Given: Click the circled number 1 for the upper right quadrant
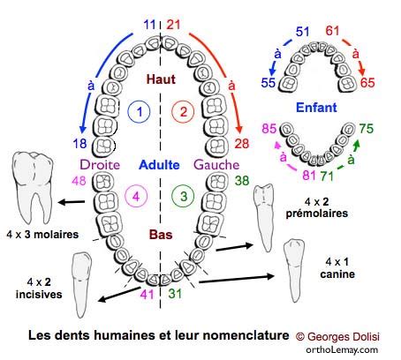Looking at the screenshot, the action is coord(139,112).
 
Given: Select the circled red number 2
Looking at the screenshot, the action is coord(183,112).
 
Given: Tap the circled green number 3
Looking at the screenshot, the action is coord(183,196).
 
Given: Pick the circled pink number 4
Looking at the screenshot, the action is coord(136,196).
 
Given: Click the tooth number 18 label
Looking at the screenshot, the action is coord(79,144).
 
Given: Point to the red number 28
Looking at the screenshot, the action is coord(242,144).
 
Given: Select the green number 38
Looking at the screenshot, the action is coord(242,181).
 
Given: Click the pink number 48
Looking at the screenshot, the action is coord(79,181).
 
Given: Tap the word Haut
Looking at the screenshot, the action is coord(161,79).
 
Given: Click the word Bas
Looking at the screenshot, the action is coord(161,235).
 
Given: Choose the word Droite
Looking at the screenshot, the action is coord(100,165).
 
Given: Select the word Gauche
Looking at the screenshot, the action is coord(216,165).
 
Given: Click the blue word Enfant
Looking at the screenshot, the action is coord(316,108).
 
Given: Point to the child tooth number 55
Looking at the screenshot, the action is coord(269,83).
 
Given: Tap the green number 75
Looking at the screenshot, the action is coord(367,129).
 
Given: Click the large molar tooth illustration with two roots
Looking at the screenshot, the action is coord(33,188).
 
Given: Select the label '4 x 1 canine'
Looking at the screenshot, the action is coord(337,268).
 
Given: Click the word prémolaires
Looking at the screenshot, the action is coord(317,214).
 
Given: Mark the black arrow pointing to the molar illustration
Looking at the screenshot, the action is coord(72,202).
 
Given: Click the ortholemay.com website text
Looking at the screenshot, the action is coord(342,349).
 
